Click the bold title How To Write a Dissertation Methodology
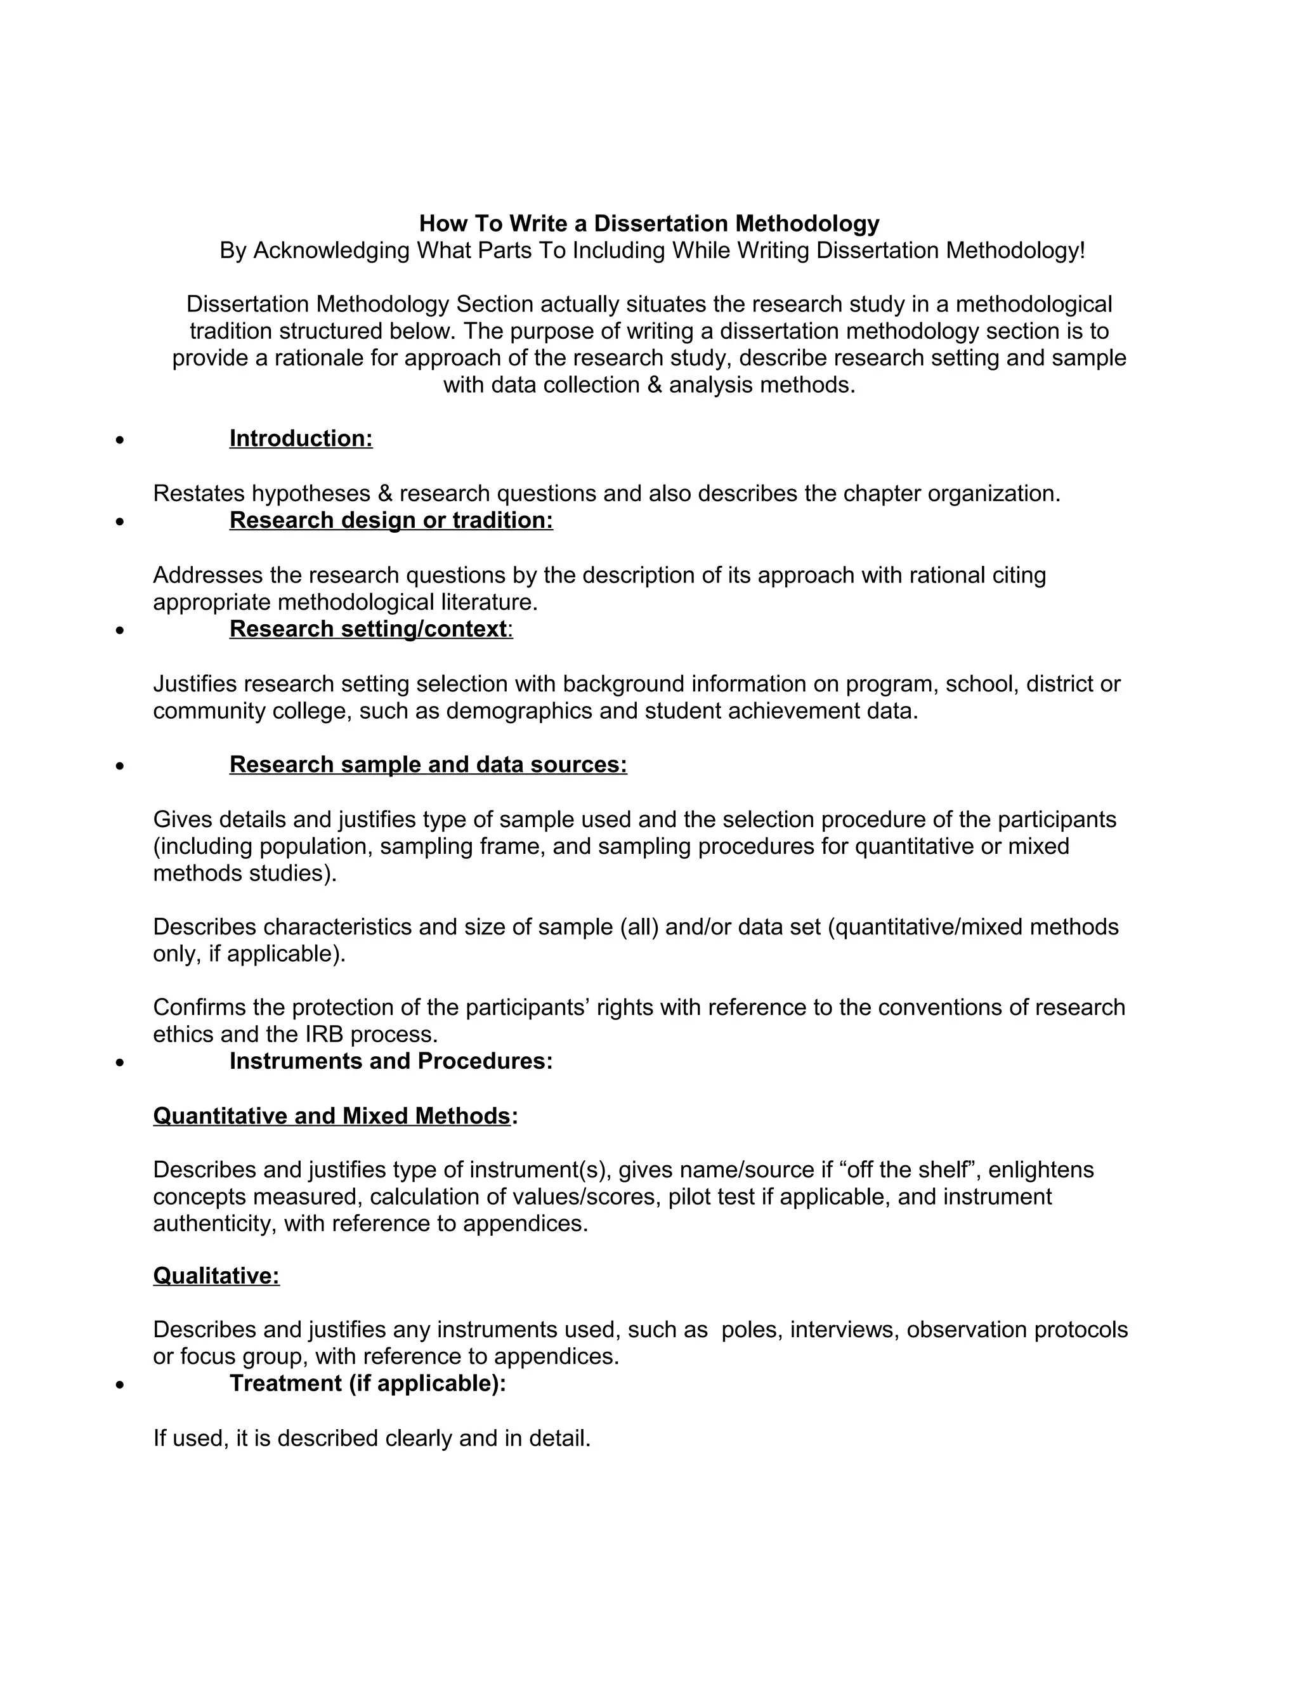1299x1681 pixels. click(x=649, y=223)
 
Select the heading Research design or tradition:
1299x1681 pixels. click(x=391, y=520)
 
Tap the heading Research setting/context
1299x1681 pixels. click(x=369, y=629)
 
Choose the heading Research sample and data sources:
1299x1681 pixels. click(x=428, y=764)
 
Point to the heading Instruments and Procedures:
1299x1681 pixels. click(x=391, y=1061)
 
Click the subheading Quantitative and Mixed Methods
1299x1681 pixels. click(x=332, y=1115)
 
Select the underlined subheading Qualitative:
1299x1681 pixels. click(x=216, y=1276)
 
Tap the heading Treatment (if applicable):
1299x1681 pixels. click(x=368, y=1383)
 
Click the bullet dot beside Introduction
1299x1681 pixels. click(x=119, y=441)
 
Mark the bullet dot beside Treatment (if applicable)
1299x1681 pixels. click(x=119, y=1385)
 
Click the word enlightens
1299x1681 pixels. click(x=1040, y=1170)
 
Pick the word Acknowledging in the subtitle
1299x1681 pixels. click(x=332, y=250)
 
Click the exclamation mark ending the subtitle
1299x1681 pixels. click(x=1081, y=250)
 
